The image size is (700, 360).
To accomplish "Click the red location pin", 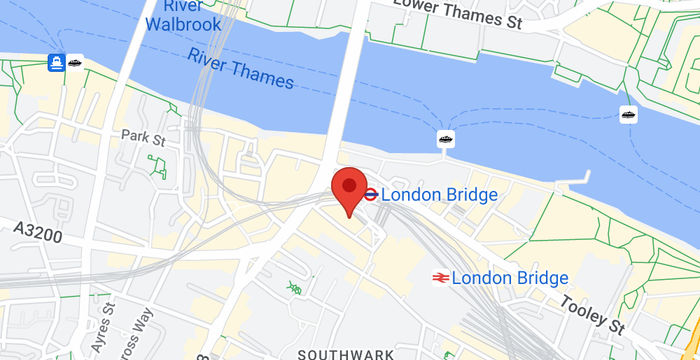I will pos(347,190).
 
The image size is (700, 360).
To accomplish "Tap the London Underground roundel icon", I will pos(370,194).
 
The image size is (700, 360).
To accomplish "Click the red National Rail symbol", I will pos(439,277).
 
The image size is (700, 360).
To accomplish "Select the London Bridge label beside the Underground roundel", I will pos(439,194).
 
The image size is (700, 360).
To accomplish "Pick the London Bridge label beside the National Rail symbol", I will pos(510,277).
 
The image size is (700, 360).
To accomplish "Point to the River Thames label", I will pos(240,68).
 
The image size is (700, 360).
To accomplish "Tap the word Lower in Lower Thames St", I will pos(418,7).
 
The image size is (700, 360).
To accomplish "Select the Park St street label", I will pos(142,135).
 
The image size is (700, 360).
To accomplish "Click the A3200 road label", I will pos(39,231).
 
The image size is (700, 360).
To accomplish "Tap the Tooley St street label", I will pos(592,311).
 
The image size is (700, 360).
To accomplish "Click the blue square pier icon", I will pos(56,63).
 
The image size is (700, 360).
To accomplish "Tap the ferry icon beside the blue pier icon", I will pos(76,62).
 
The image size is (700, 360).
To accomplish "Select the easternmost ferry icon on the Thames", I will pos(628,114).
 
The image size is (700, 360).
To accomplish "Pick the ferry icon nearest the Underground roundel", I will pos(446,138).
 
